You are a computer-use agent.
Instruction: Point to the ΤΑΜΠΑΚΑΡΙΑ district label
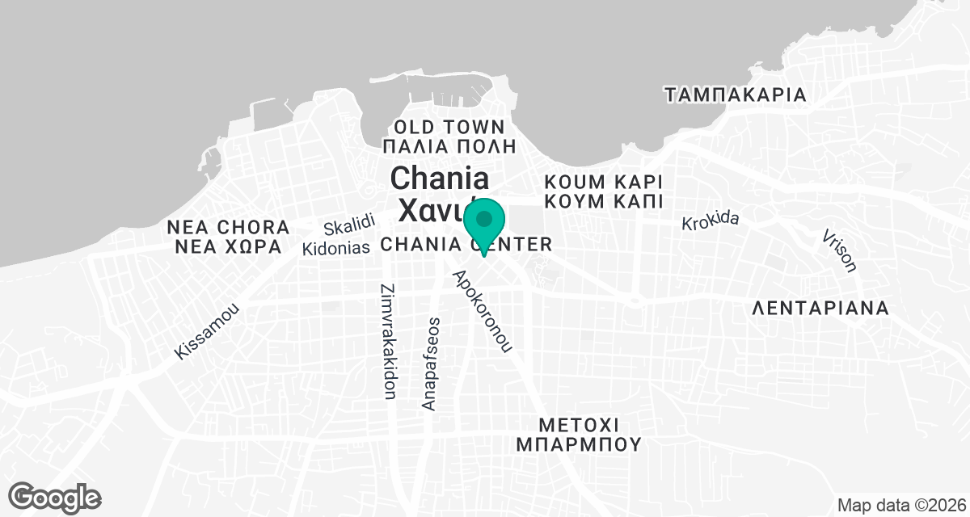point(736,95)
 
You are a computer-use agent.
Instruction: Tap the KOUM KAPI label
point(604,180)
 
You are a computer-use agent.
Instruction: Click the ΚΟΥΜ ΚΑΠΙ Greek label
point(604,200)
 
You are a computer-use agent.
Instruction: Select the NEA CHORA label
point(229,226)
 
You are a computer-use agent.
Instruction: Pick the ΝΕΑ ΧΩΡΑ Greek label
point(229,246)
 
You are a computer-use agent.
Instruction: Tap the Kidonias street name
point(335,248)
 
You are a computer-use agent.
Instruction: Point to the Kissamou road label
point(208,331)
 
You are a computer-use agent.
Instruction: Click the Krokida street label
point(711,220)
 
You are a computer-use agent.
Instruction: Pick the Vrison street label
point(838,250)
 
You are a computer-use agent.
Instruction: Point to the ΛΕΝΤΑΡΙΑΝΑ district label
point(820,309)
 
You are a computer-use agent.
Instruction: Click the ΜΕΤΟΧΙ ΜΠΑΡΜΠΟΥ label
point(579,434)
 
